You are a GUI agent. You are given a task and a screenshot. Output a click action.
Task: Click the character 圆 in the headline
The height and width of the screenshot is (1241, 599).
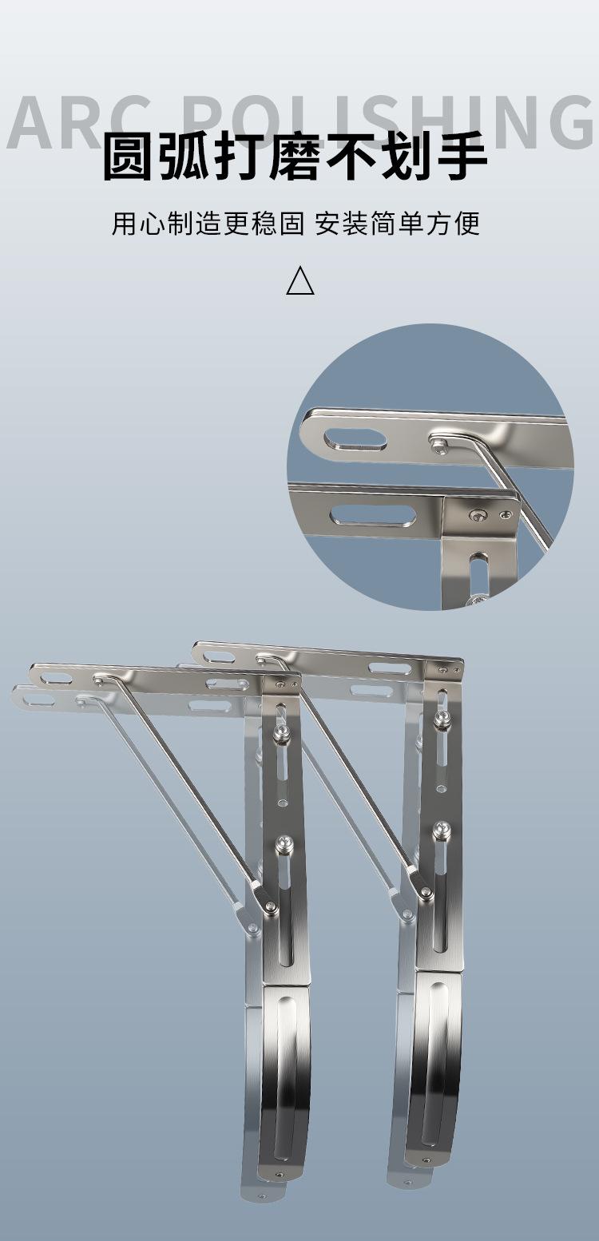[128, 157]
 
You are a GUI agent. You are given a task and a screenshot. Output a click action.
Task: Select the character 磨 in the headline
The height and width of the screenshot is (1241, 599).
[295, 157]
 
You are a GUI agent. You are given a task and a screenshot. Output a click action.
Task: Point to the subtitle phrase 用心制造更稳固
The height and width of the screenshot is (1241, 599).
[208, 224]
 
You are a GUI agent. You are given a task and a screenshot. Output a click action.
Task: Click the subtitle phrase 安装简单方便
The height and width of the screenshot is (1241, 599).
[397, 224]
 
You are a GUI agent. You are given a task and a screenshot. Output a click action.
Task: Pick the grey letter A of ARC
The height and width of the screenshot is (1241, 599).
[34, 122]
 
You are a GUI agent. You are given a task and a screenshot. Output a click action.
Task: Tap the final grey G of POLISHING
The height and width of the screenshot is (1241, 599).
[568, 122]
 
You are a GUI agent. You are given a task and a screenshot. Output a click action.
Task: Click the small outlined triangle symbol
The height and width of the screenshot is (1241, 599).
[300, 280]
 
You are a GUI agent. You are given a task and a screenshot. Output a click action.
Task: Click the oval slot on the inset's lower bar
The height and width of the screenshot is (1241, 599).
[372, 514]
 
